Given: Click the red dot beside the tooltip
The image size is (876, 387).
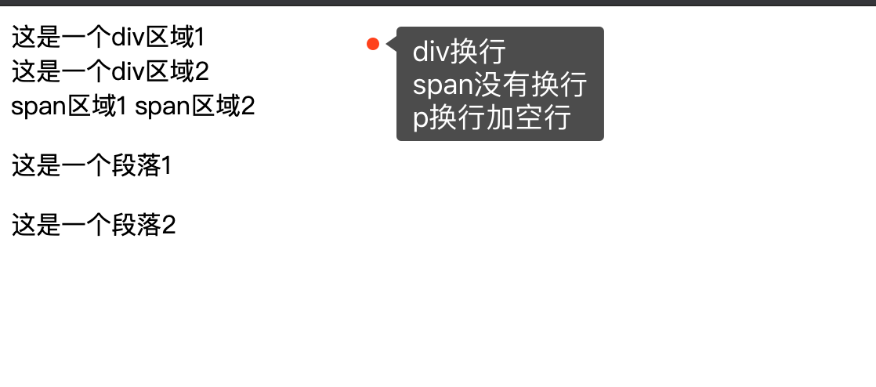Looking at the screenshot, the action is pyautogui.click(x=373, y=44).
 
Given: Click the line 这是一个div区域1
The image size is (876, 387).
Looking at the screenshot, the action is pyautogui.click(x=108, y=38).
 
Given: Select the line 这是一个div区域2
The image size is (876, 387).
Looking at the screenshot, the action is pyautogui.click(x=110, y=72).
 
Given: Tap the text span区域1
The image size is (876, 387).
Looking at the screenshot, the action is pyautogui.click(x=69, y=106).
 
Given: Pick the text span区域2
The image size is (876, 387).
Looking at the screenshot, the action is pyautogui.click(x=195, y=106).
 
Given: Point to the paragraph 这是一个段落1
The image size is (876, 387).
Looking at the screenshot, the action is pyautogui.click(x=92, y=166).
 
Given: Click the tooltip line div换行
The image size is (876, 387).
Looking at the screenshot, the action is pyautogui.click(x=459, y=52).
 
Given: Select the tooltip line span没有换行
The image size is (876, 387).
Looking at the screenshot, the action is pyautogui.click(x=500, y=85).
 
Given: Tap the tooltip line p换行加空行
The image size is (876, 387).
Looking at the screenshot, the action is pyautogui.click(x=491, y=118).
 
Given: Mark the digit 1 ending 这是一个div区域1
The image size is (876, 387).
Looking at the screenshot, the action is pyautogui.click(x=199, y=38).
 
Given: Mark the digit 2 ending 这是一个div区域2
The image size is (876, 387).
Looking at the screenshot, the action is pyautogui.click(x=201, y=72).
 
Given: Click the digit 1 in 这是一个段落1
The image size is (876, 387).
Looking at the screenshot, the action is pyautogui.click(x=165, y=166).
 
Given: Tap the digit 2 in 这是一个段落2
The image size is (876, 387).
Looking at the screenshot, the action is pyautogui.click(x=168, y=226).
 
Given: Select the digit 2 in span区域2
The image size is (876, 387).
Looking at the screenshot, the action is pyautogui.click(x=248, y=106).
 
